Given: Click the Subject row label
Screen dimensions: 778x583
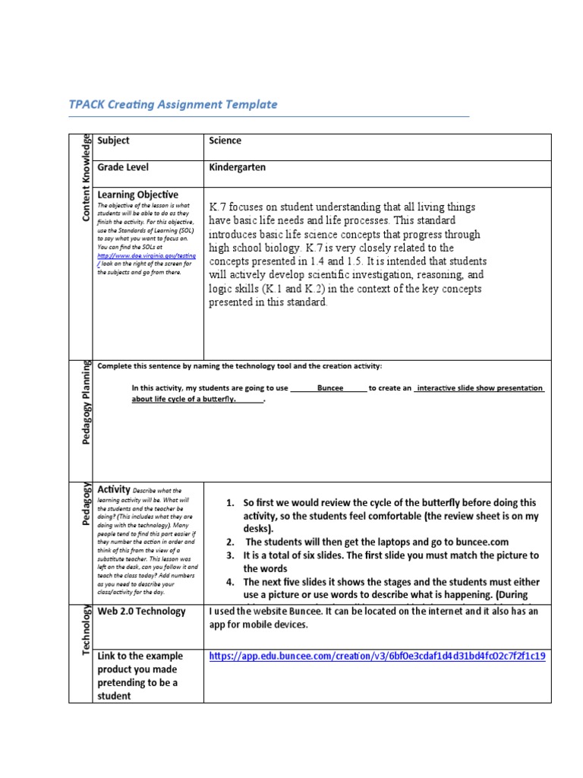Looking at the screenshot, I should pyautogui.click(x=113, y=141).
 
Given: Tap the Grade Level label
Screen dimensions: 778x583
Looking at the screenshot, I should pyautogui.click(x=123, y=167).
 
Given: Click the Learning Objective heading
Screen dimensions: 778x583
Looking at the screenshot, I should pyautogui.click(x=137, y=195).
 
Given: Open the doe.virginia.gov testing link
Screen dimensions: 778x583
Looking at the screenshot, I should pyautogui.click(x=146, y=257).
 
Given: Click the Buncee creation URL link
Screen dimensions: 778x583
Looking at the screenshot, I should pyautogui.click(x=377, y=655).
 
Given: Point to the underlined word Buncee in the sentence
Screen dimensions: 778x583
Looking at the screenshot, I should pyautogui.click(x=330, y=387).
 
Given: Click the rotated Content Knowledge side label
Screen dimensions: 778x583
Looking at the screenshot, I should pyautogui.click(x=86, y=178).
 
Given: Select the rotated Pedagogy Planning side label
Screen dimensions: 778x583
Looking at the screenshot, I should pyautogui.click(x=86, y=403).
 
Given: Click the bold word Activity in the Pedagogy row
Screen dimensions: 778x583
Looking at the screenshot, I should pyautogui.click(x=114, y=489).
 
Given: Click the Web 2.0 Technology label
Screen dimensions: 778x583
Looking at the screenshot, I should pyautogui.click(x=141, y=612).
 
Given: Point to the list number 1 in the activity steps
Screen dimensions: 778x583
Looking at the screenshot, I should pyautogui.click(x=230, y=503).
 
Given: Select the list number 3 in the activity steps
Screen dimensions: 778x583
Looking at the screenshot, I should pyautogui.click(x=230, y=555).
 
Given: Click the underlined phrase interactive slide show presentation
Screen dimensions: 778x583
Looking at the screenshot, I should pyautogui.click(x=480, y=387).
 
